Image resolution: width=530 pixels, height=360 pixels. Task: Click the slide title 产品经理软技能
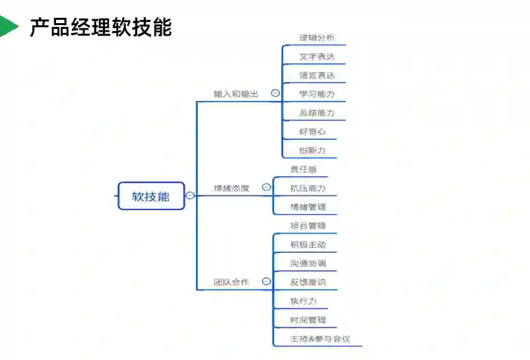(x=100, y=27)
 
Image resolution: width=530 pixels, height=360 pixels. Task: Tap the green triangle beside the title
(x=8, y=26)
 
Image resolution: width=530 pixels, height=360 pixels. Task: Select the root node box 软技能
(x=151, y=196)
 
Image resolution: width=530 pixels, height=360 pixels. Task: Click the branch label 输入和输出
(x=236, y=94)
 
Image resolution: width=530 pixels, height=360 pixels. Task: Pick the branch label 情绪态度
(x=232, y=188)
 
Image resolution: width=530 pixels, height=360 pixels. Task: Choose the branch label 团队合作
(x=231, y=282)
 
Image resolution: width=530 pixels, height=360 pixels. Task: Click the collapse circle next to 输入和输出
(x=275, y=94)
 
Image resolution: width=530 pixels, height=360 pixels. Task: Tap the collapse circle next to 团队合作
(x=266, y=281)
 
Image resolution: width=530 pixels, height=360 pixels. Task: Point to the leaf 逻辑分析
(x=317, y=38)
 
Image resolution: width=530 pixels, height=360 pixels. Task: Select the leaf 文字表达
(x=317, y=57)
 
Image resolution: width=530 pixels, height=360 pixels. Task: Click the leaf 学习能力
(x=317, y=94)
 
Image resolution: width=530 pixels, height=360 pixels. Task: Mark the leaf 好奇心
(x=312, y=132)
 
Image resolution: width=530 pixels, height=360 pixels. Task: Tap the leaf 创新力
(x=312, y=151)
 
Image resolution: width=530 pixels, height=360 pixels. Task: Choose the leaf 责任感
(x=304, y=169)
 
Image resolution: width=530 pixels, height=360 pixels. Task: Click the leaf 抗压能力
(x=308, y=188)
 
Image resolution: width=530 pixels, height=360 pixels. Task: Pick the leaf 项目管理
(x=308, y=226)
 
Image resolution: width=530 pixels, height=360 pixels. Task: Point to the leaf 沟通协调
(x=308, y=264)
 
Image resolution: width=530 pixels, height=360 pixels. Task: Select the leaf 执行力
(x=304, y=301)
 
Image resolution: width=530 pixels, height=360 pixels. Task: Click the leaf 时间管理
(x=308, y=320)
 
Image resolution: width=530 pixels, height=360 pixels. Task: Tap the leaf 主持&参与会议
(x=320, y=339)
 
